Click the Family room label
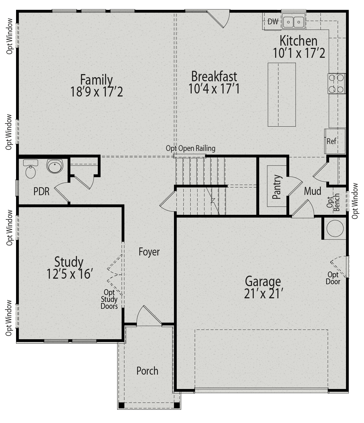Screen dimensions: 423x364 click(96, 80)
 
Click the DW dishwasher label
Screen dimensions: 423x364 click(273, 22)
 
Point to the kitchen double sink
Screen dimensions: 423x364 click(293, 21)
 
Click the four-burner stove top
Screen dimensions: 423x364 click(337, 83)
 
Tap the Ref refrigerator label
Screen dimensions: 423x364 click(331, 141)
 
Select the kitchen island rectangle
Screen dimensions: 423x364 click(281, 95)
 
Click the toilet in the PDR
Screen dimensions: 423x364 click(30, 169)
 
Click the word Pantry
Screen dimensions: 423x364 click(276, 187)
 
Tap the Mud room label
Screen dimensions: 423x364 click(312, 191)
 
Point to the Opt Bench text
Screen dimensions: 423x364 click(333, 202)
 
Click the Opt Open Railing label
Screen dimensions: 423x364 click(190, 148)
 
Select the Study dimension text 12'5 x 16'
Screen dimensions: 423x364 click(69, 274)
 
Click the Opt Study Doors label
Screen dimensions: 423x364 click(109, 299)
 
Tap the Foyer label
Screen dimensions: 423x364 click(149, 252)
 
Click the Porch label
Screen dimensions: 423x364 click(147, 371)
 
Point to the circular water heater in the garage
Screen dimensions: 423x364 click(335, 228)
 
